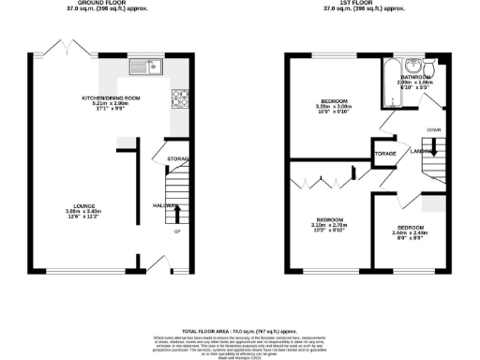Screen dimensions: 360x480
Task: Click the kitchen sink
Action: [x=147, y=67]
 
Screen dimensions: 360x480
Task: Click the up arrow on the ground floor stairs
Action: [x=177, y=217]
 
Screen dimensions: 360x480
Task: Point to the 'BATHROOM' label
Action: [x=414, y=77]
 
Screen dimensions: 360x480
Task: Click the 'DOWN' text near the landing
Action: [x=434, y=129]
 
